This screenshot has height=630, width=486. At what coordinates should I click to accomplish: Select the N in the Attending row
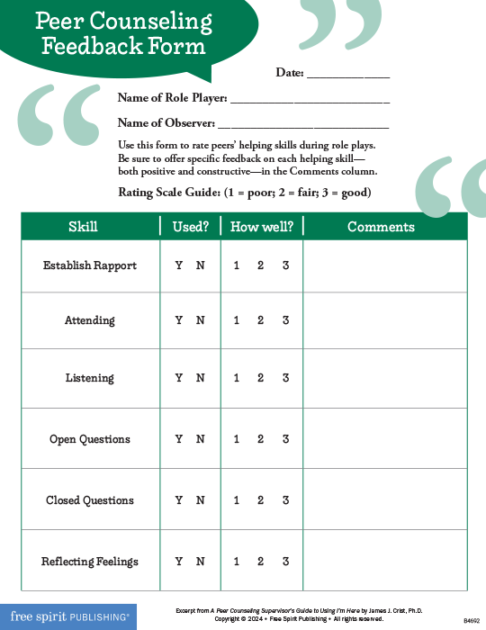pyautogui.click(x=201, y=320)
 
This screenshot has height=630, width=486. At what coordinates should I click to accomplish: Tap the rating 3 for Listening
pyautogui.click(x=285, y=378)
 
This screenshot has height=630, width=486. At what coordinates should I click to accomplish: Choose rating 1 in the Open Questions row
pyautogui.click(x=237, y=439)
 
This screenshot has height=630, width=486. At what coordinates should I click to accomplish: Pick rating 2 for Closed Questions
pyautogui.click(x=260, y=500)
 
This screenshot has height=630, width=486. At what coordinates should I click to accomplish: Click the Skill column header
pyautogui.click(x=83, y=227)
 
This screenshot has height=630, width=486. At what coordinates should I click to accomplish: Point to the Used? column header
pyautogui.click(x=191, y=227)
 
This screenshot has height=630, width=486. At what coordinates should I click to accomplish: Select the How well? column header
pyautogui.click(x=262, y=227)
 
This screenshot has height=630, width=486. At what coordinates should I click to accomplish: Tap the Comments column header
pyautogui.click(x=381, y=227)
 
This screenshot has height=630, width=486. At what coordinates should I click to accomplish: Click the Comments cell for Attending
pyautogui.click(x=385, y=320)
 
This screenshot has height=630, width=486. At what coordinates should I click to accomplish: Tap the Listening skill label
pyautogui.click(x=90, y=378)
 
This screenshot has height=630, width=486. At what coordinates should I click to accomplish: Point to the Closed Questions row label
pyautogui.click(x=90, y=500)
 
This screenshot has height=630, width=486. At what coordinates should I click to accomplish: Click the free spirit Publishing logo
pyautogui.click(x=67, y=616)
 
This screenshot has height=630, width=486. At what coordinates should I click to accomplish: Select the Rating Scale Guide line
pyautogui.click(x=245, y=193)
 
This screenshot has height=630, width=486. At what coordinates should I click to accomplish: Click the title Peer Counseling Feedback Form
pyautogui.click(x=127, y=33)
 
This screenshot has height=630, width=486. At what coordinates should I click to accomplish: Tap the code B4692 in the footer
pyautogui.click(x=471, y=621)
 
